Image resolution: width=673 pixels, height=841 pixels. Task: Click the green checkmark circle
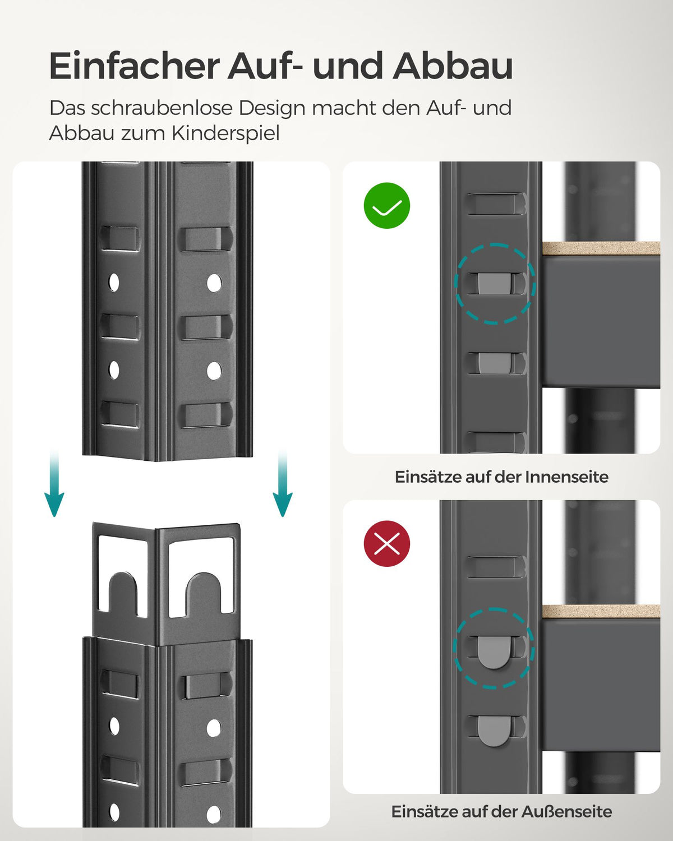tap(387, 206)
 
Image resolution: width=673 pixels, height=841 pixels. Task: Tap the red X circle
tap(387, 543)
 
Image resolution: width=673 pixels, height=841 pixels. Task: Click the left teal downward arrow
tap(54, 485)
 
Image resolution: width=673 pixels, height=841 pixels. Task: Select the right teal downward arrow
tap(282, 485)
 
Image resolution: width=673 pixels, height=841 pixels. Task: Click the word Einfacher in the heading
tap(133, 66)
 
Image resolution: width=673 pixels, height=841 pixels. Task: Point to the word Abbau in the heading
tap(453, 66)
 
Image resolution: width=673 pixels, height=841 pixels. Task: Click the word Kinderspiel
tap(225, 133)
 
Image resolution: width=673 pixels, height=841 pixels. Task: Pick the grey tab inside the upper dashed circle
tap(494, 283)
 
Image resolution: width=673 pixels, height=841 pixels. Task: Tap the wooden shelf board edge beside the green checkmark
tap(600, 248)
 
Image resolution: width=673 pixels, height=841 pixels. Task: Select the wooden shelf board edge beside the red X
tap(600, 611)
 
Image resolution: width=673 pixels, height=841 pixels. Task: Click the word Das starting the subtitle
tap(67, 108)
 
